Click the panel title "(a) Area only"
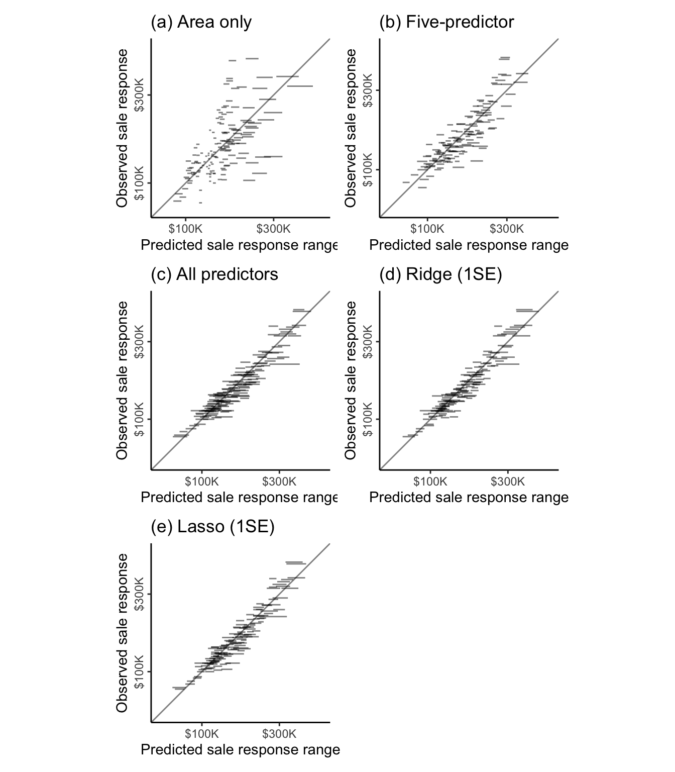(201, 22)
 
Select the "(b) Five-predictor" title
(446, 22)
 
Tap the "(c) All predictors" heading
(214, 274)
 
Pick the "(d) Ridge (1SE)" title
(440, 274)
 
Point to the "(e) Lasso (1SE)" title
(213, 527)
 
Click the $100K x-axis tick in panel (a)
(185, 229)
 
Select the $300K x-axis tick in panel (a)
(273, 229)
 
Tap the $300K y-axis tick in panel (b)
(368, 90)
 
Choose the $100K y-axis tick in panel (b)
(368, 170)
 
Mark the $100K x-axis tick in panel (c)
(202, 481)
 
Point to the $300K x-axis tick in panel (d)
(508, 481)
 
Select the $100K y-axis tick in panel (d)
(368, 419)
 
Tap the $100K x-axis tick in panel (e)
(202, 734)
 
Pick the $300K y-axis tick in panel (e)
(139, 594)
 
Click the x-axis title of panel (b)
(469, 245)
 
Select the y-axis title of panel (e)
(122, 632)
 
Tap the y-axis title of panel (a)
(122, 128)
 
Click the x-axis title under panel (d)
(469, 498)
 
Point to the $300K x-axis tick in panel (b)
(506, 229)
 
